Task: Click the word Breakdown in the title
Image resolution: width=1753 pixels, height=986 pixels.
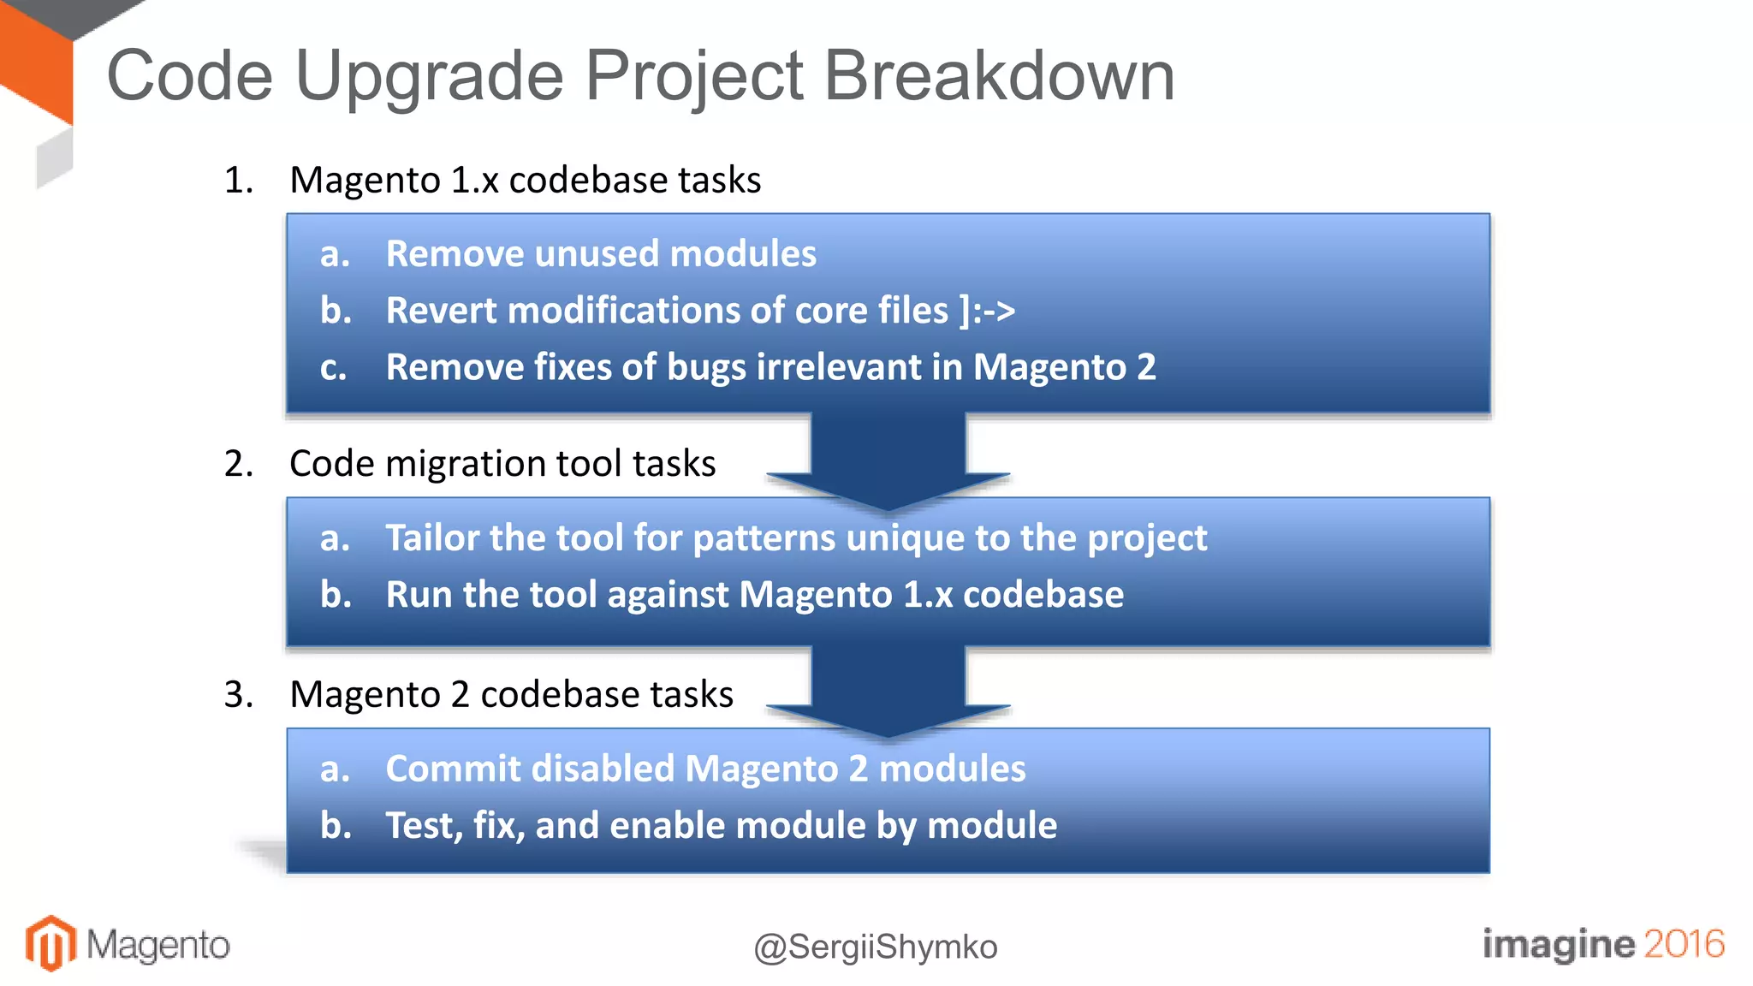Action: [998, 75]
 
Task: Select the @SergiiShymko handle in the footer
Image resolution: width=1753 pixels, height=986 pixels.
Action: [875, 947]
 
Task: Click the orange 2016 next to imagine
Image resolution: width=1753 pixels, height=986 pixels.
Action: [1683, 943]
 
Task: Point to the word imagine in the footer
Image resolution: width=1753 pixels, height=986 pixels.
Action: [1558, 943]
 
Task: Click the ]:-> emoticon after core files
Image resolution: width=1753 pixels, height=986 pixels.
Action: [987, 310]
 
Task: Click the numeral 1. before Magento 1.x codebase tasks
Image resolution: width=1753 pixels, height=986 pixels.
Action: [239, 180]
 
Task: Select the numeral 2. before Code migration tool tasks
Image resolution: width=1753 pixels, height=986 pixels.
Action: [239, 463]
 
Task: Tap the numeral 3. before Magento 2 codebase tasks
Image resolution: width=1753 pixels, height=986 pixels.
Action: [239, 694]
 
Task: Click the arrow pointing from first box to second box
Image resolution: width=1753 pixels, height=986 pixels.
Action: [888, 462]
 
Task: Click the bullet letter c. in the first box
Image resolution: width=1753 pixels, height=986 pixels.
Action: [333, 368]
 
